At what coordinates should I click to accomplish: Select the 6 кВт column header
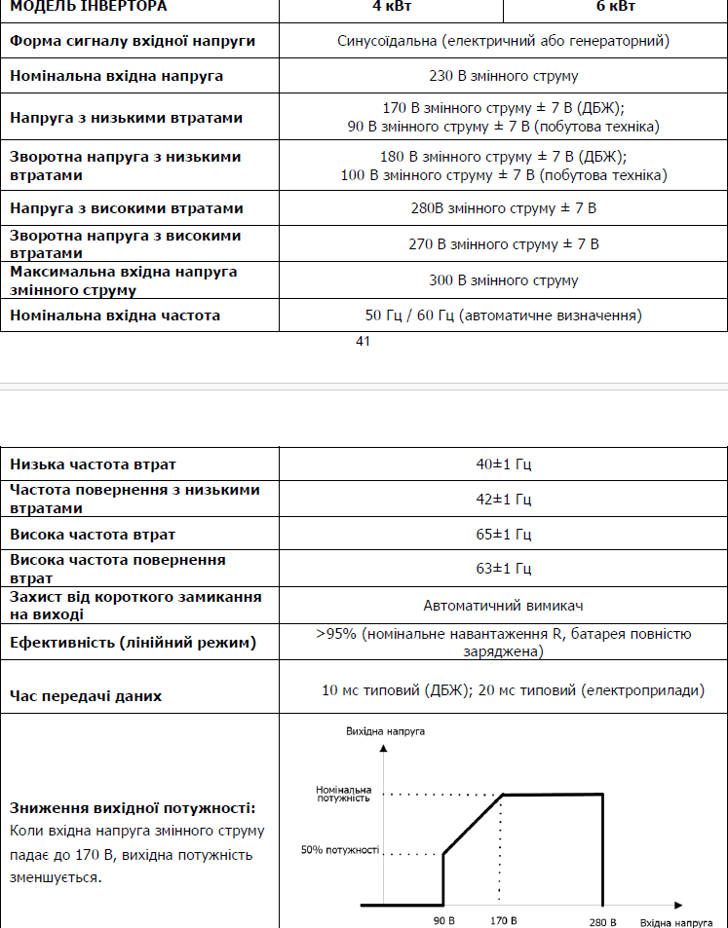click(x=615, y=6)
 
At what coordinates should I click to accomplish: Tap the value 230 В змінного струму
click(x=503, y=75)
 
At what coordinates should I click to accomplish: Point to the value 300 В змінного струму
click(x=503, y=280)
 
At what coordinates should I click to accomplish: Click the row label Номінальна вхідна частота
click(x=115, y=316)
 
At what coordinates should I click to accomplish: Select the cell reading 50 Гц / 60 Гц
click(x=503, y=316)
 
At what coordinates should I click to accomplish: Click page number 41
click(x=364, y=341)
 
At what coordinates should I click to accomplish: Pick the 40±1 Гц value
click(x=503, y=464)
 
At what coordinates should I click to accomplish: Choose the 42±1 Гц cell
click(x=503, y=500)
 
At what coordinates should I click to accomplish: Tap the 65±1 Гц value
click(x=503, y=535)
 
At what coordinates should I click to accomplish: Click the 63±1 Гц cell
click(x=503, y=569)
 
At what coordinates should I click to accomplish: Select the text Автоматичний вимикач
click(x=503, y=605)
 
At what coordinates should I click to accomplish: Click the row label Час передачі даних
click(x=86, y=696)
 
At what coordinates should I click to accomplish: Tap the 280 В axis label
click(x=602, y=920)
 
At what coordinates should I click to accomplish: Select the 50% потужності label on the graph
click(x=339, y=850)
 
